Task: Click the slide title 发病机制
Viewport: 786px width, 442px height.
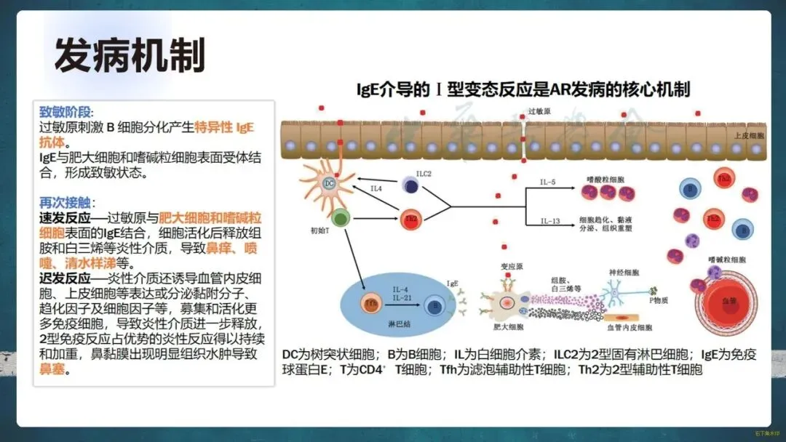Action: click(x=130, y=55)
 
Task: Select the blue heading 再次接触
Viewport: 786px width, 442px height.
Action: click(x=65, y=203)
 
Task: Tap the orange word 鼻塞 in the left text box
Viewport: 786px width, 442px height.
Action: click(x=55, y=370)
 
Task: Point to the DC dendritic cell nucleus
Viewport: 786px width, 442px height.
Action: click(x=329, y=183)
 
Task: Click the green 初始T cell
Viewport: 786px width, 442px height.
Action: click(x=339, y=217)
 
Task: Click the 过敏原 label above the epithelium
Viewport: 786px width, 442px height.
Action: click(x=540, y=110)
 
